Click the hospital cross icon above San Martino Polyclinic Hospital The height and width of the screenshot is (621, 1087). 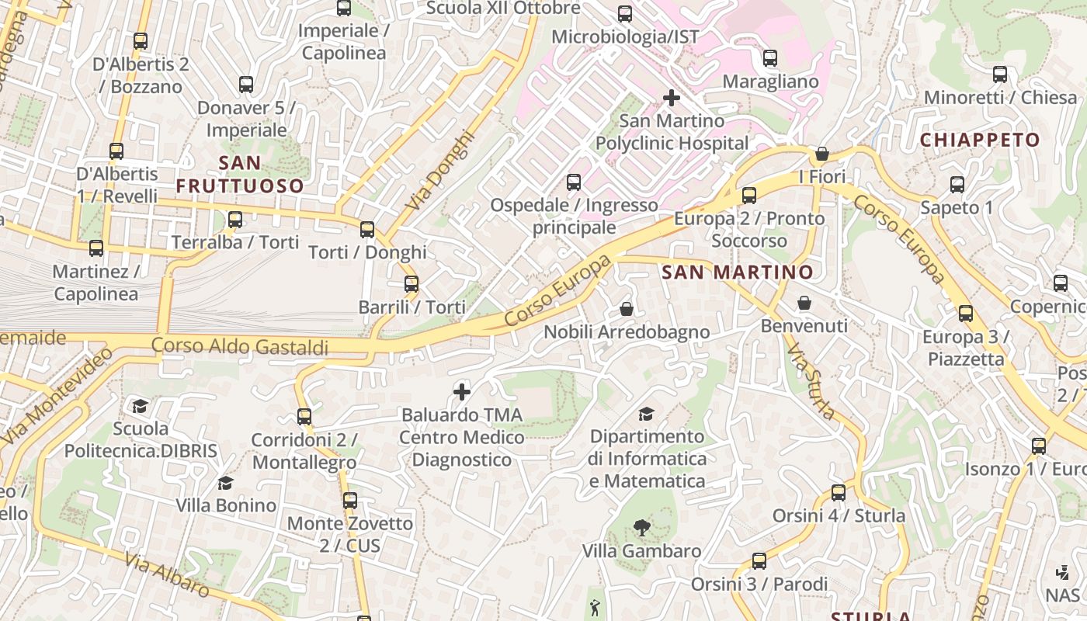click(672, 98)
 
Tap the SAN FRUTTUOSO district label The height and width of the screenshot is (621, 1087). click(239, 175)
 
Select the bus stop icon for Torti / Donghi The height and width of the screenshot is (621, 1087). click(367, 230)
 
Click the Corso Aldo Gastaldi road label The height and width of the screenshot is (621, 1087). click(240, 346)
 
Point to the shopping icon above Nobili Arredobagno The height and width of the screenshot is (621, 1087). click(627, 310)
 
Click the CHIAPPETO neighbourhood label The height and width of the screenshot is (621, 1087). click(980, 141)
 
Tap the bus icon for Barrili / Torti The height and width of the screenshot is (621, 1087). click(412, 284)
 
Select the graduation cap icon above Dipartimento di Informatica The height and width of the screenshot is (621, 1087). click(646, 414)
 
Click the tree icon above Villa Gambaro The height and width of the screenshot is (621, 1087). click(641, 529)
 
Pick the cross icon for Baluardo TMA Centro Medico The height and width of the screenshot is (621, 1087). click(462, 392)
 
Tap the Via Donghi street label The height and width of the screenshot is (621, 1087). click(439, 170)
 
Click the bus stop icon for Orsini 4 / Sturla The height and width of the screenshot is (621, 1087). click(839, 493)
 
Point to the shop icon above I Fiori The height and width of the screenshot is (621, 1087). click(822, 154)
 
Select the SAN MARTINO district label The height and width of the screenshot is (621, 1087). click(737, 272)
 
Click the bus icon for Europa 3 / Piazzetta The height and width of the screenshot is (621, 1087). click(965, 314)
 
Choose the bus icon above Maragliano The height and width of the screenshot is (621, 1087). click(770, 58)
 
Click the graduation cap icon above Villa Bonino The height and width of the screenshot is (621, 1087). click(225, 484)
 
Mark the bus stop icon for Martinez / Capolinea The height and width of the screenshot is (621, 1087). click(96, 248)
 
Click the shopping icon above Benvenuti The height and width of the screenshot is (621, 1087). click(804, 303)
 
